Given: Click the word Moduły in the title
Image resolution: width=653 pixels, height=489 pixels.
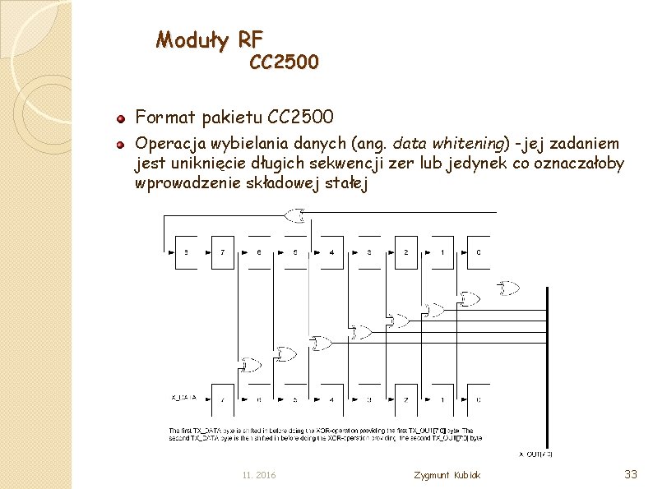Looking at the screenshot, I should (194, 39).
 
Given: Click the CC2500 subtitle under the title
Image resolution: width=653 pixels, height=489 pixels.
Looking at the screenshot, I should (284, 62).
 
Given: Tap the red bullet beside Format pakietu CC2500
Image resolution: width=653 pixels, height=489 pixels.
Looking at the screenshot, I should (120, 118).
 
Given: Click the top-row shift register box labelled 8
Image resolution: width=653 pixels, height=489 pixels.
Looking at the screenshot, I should (186, 252).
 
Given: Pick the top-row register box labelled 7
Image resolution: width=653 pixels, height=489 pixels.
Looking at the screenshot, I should (222, 252).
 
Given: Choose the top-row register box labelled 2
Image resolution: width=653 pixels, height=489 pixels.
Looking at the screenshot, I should (405, 252).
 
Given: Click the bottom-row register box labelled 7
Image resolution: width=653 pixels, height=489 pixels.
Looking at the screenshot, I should (223, 399).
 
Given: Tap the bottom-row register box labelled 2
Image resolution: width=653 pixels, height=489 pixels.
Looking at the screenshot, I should (405, 399).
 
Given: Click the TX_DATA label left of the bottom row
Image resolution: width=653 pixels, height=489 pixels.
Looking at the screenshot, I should (184, 398).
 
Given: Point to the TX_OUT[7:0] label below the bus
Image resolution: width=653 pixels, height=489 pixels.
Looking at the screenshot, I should (535, 453).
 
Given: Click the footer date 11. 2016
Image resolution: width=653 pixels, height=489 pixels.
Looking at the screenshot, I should (259, 476).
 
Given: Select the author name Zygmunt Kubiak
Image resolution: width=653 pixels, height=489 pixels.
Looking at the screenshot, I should (448, 476).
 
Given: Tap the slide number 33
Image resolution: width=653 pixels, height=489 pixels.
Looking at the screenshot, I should (631, 473).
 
